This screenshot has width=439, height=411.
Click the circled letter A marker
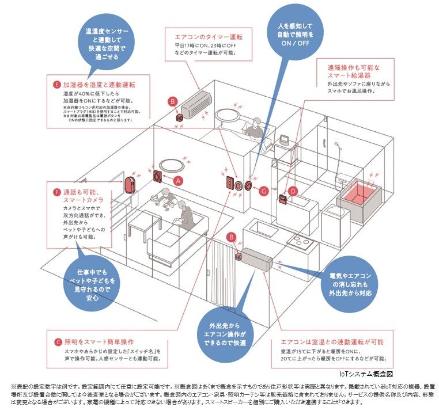coord(178,180)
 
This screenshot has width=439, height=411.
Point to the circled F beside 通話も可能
coord(56,191)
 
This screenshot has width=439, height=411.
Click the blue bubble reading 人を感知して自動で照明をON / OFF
coord(296,33)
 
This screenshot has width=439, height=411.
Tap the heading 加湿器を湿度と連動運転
coord(99,85)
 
